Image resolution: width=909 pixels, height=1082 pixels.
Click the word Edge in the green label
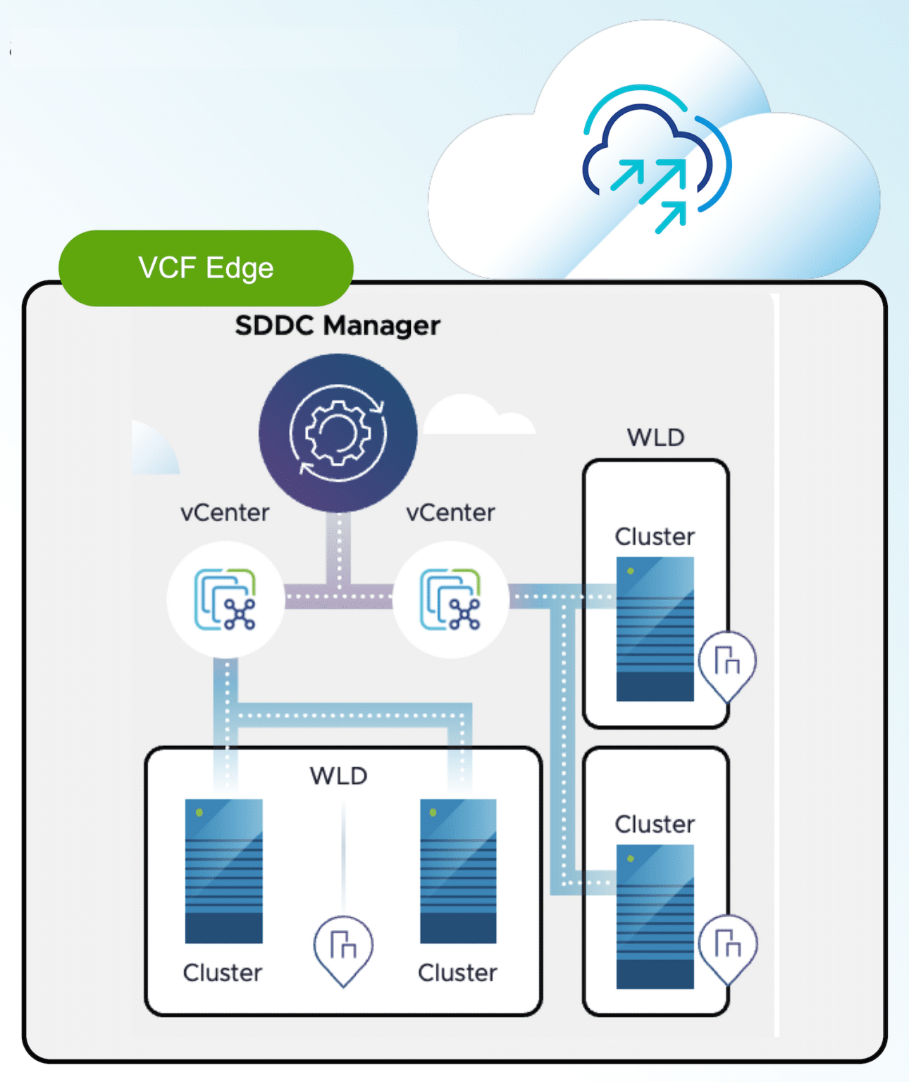pos(240,268)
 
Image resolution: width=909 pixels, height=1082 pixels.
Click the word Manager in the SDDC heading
pos(382,326)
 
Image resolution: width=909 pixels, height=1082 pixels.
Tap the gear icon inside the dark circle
pos(338,433)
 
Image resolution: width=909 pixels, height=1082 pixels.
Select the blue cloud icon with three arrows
pos(657,158)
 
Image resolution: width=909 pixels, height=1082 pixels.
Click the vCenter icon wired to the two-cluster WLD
pos(225,599)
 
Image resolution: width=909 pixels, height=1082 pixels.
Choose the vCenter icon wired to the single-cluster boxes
pos(450,599)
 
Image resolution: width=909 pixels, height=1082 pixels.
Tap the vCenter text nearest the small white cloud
pos(450,513)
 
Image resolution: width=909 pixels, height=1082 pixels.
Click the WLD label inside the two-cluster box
pos(339,776)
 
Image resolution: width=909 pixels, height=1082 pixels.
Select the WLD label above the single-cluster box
pos(656,437)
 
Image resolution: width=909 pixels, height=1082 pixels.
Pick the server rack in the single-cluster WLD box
pos(655,629)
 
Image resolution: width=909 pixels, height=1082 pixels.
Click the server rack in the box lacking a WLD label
pos(655,916)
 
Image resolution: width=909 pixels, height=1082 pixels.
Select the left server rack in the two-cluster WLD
pos(223,871)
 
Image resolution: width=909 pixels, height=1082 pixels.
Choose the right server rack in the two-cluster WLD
pos(458,871)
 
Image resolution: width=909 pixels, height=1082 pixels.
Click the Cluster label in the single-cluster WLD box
pos(655,537)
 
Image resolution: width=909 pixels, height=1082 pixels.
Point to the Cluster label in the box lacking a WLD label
pos(655,824)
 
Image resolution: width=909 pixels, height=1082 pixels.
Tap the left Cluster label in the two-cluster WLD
pos(223,974)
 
